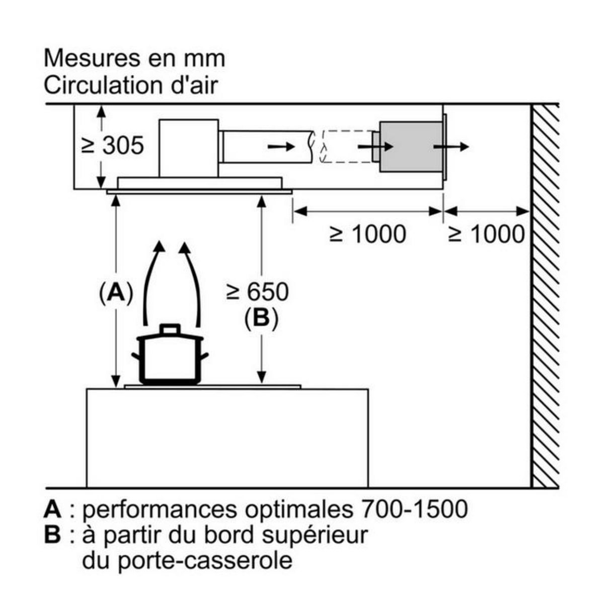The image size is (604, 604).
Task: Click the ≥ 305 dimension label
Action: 113,146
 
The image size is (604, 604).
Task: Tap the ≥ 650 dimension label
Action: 257,292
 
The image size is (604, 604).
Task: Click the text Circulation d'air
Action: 131,85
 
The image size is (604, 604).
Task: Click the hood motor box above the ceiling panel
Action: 189,147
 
